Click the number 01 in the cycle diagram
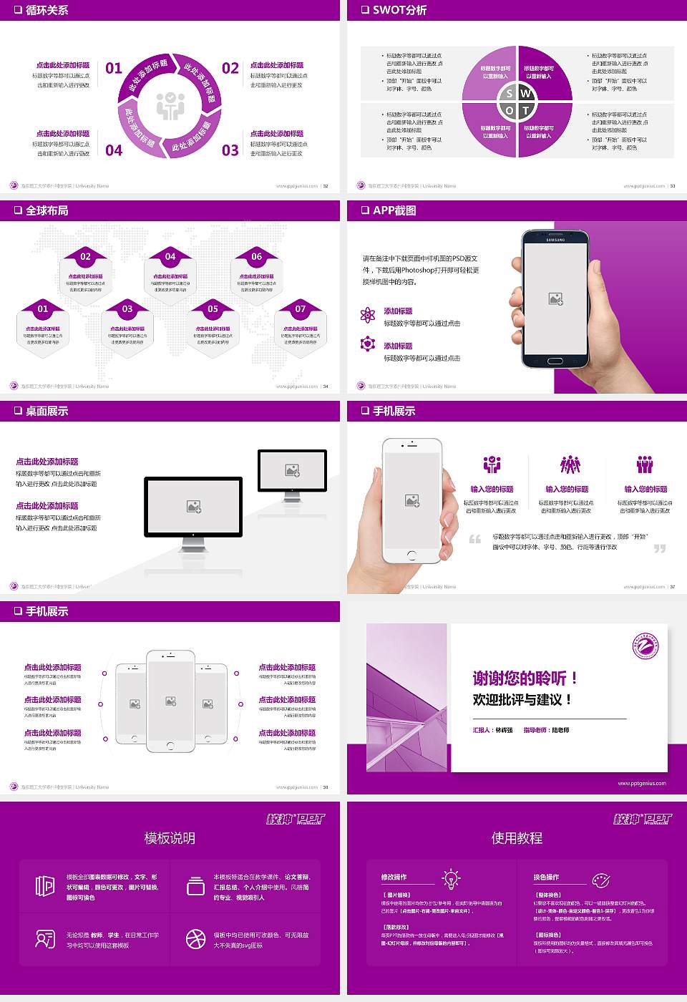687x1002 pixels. [x=114, y=69]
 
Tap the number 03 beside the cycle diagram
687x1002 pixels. [x=230, y=150]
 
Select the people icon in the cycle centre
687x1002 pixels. [x=170, y=106]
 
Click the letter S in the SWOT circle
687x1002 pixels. [x=510, y=94]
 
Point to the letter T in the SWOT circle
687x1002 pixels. [x=526, y=111]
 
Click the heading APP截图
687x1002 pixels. [x=394, y=210]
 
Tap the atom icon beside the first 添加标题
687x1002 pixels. [x=368, y=315]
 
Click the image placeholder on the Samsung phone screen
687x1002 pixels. [x=555, y=299]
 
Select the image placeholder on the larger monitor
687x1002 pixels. [x=193, y=506]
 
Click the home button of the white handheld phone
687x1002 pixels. [x=411, y=555]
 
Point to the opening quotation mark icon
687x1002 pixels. [x=474, y=539]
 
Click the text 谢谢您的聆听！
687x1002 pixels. [x=525, y=678]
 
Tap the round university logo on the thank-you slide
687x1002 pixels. [x=645, y=646]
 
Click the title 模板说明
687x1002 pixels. [x=170, y=838]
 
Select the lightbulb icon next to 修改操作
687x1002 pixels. [x=451, y=878]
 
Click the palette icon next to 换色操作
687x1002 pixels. [x=600, y=880]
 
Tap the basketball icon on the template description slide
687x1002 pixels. [x=195, y=939]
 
